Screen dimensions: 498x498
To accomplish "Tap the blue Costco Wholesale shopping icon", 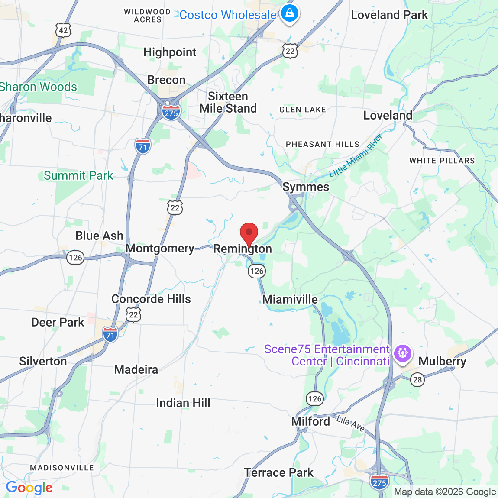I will pos(290,13).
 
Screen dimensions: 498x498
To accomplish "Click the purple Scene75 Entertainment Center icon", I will pos(403,353).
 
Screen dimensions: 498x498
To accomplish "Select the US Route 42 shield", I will pos(63,30).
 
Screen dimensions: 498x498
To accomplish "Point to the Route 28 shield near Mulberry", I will pos(417,380).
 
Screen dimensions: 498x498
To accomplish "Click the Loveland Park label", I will pos(389,15).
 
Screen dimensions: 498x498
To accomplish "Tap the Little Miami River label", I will pos(356,155).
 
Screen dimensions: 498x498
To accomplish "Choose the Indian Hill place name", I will pos(183,403).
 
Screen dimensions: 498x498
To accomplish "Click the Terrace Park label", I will pos(278,472).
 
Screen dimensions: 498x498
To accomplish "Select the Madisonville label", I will pos(62,468).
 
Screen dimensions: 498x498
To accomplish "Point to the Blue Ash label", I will pos(99,236).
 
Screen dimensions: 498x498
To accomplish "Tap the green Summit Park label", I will pos(78,176).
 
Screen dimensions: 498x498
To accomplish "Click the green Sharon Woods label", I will pos(38,87).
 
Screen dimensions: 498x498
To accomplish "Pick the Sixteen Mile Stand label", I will pos(228,102).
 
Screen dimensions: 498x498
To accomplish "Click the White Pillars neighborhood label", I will pos(442,161).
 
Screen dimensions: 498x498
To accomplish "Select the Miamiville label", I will pos(290,299).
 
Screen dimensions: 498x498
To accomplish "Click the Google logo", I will pos(29,488).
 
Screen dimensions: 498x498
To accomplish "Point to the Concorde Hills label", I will pos(151,299).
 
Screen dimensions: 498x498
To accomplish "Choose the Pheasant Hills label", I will pos(322,144).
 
